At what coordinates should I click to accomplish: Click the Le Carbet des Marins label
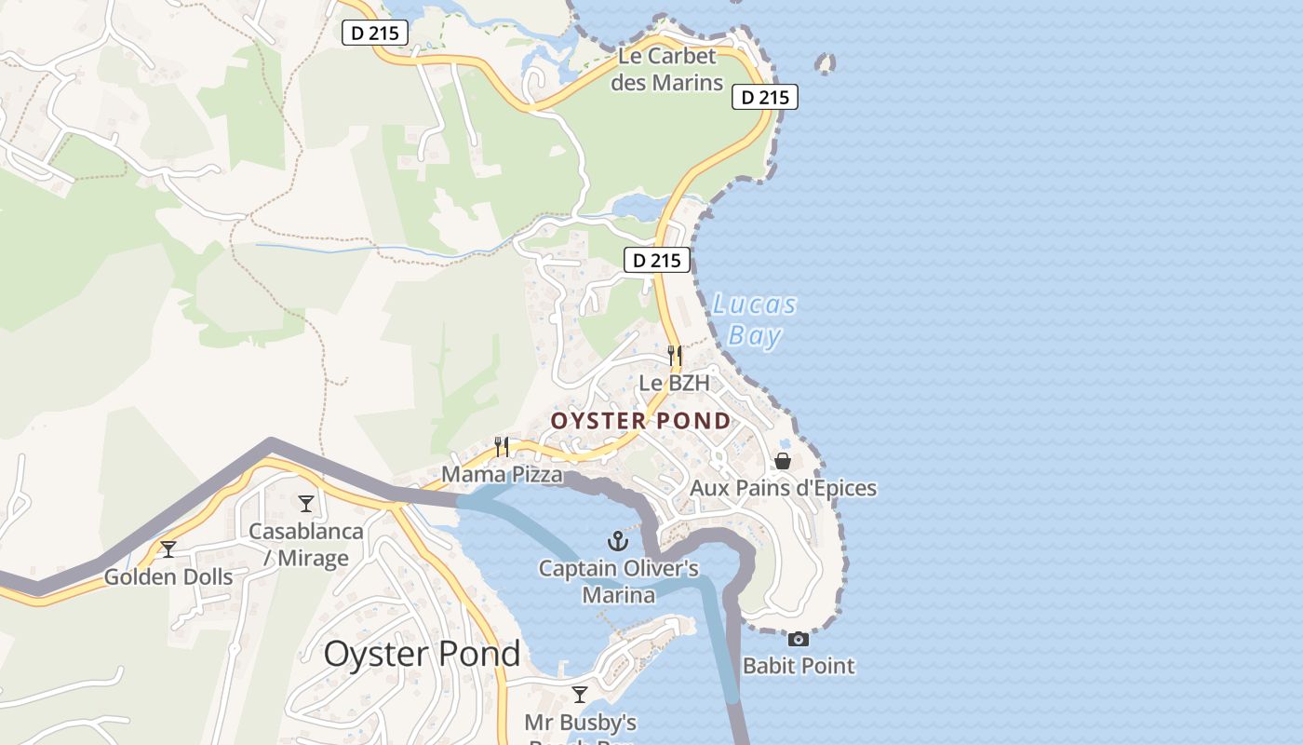click(x=670, y=69)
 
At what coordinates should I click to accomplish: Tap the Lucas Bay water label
click(x=754, y=319)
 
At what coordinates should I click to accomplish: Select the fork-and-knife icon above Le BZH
click(x=675, y=355)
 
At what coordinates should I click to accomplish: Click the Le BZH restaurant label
click(x=674, y=383)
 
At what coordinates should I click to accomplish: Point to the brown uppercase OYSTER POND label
click(x=641, y=421)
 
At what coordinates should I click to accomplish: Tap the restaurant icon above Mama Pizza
click(x=502, y=447)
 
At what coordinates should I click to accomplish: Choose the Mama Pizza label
click(x=502, y=475)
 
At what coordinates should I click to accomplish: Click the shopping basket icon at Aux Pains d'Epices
click(x=783, y=461)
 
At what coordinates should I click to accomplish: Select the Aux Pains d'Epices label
click(x=783, y=488)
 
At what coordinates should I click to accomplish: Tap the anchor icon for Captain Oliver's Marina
click(x=618, y=540)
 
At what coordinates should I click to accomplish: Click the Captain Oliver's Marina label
click(x=619, y=581)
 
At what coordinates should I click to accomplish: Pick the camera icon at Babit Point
click(x=798, y=639)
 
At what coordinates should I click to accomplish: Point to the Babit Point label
click(x=799, y=666)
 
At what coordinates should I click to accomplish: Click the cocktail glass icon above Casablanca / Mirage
click(x=306, y=504)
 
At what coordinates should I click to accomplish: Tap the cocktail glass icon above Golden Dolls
click(x=168, y=549)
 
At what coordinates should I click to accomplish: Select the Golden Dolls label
click(x=168, y=576)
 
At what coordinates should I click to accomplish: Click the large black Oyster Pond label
click(x=422, y=654)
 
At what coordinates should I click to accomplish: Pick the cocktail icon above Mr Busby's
click(x=580, y=695)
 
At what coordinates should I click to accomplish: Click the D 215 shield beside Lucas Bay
click(x=657, y=261)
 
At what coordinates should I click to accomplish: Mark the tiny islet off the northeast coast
click(x=825, y=63)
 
